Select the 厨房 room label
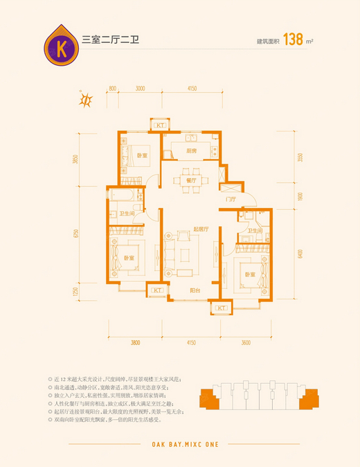pyautogui.click(x=191, y=150)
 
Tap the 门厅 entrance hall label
pyautogui.click(x=231, y=200)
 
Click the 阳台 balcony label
pyautogui.click(x=197, y=291)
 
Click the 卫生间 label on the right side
pyautogui.click(x=254, y=231)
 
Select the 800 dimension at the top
pyautogui.click(x=112, y=88)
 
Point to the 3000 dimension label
pyautogui.click(x=141, y=88)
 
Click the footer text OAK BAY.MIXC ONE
pyautogui.click(x=179, y=446)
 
